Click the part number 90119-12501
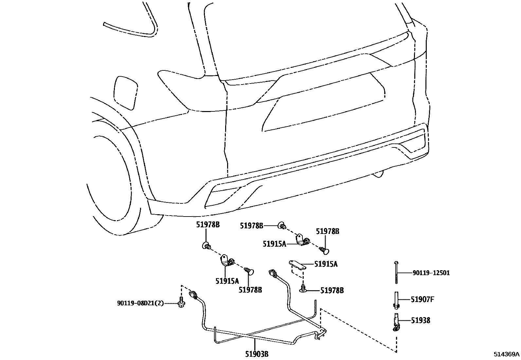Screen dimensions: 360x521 [431, 273]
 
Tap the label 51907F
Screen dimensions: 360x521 [422, 299]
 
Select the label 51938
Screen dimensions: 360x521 [421, 320]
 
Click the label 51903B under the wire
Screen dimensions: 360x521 [257, 354]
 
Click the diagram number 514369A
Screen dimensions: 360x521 [507, 354]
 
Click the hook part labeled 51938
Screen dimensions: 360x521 [396, 322]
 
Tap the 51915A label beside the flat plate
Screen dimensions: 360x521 [326, 264]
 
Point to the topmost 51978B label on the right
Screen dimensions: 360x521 [328, 232]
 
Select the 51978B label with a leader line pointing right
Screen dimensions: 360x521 [251, 226]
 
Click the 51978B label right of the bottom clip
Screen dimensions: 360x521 [332, 290]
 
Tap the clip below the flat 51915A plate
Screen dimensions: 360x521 [303, 288]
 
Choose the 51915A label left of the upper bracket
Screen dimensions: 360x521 [274, 244]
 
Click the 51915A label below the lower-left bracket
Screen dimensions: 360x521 [227, 281]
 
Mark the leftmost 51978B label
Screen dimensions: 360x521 [208, 225]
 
